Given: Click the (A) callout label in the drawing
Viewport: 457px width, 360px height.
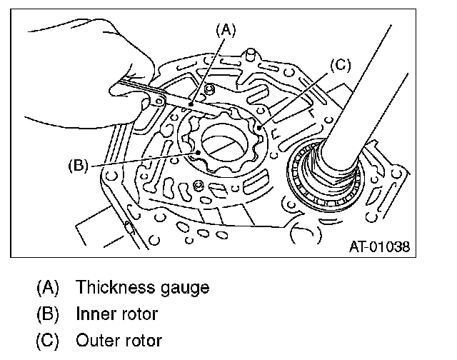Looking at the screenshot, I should (x=226, y=29).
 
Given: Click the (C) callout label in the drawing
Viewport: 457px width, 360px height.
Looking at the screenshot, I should (x=341, y=66).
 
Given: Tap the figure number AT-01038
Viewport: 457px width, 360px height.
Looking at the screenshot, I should (x=380, y=247).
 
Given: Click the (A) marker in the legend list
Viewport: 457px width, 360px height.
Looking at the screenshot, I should (x=48, y=288).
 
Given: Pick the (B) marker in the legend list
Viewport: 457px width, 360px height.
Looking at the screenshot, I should (x=48, y=314).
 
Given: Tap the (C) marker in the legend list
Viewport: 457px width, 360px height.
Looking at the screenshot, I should (x=48, y=340).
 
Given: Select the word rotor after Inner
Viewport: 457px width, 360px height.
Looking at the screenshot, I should (x=137, y=314).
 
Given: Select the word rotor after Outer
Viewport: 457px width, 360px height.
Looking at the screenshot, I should (x=141, y=340).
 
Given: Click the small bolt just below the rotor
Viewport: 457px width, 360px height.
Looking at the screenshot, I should (x=199, y=186).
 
